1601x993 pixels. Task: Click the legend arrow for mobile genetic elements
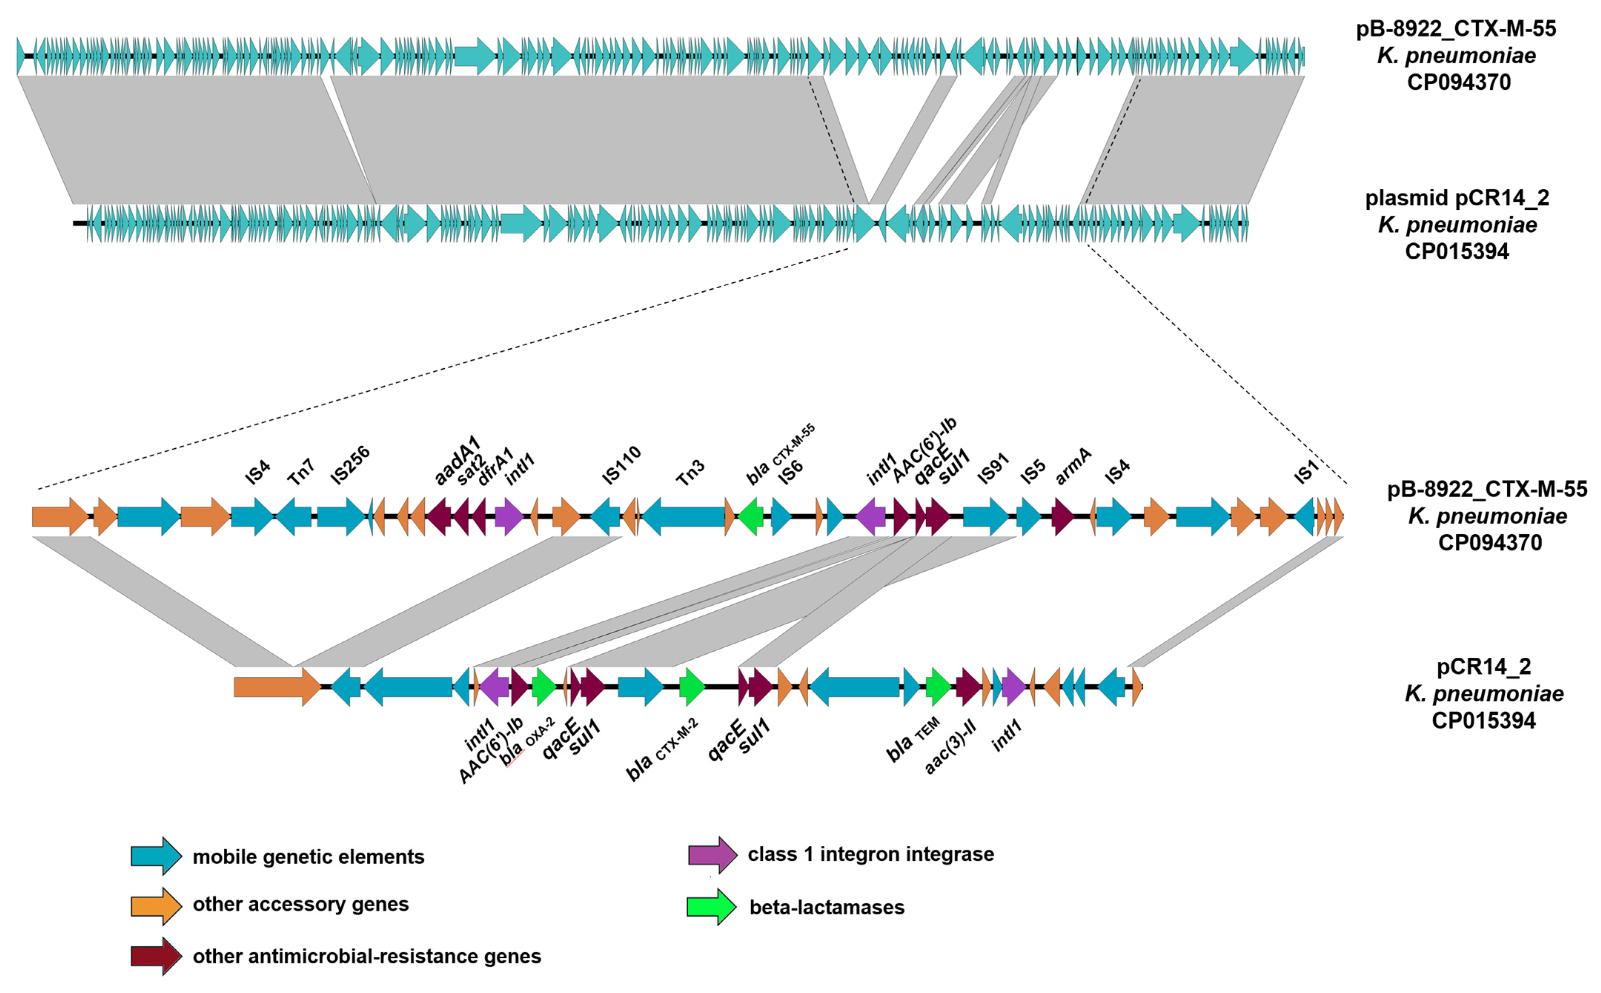tap(156, 856)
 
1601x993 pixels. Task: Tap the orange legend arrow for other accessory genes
tap(156, 906)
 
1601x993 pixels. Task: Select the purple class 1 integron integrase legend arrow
tap(713, 854)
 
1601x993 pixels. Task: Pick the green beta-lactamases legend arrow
tap(711, 907)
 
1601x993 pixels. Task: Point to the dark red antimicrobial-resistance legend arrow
tap(156, 956)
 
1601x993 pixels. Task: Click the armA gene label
tap(1073, 466)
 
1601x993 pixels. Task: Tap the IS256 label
tap(350, 465)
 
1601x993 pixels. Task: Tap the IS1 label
tap(1306, 472)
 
